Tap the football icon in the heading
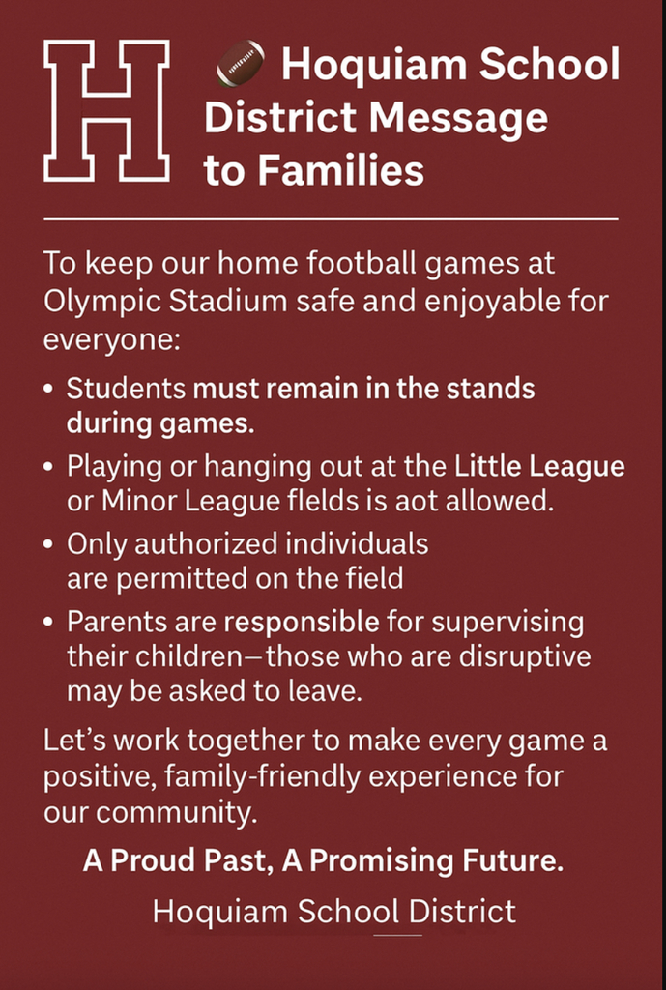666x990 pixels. pos(241,63)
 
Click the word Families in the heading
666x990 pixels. pos(341,170)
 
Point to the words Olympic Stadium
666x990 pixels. pos(165,302)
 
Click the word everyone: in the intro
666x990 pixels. pos(112,341)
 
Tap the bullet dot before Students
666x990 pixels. pos(48,389)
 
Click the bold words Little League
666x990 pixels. pos(539,467)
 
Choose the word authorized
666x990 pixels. pos(206,544)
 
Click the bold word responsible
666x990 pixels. pos(302,624)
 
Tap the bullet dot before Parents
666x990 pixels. pos(48,622)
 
